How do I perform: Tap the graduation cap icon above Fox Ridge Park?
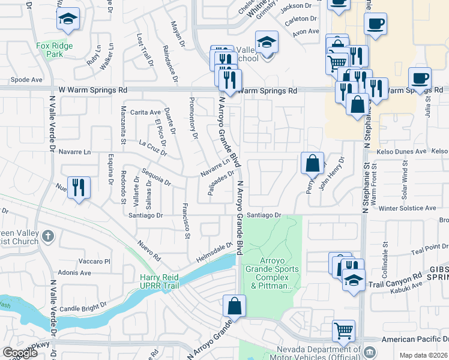(68, 19)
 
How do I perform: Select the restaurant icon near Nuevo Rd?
(79, 187)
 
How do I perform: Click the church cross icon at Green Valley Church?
(49, 238)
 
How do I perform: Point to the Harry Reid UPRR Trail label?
(168, 281)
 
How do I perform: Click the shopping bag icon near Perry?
(312, 163)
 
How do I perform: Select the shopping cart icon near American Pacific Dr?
(343, 330)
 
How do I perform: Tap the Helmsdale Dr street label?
(214, 253)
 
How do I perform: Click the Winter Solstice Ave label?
(407, 208)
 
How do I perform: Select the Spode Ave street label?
(26, 79)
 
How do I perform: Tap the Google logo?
(20, 353)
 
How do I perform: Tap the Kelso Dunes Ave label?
(401, 152)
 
